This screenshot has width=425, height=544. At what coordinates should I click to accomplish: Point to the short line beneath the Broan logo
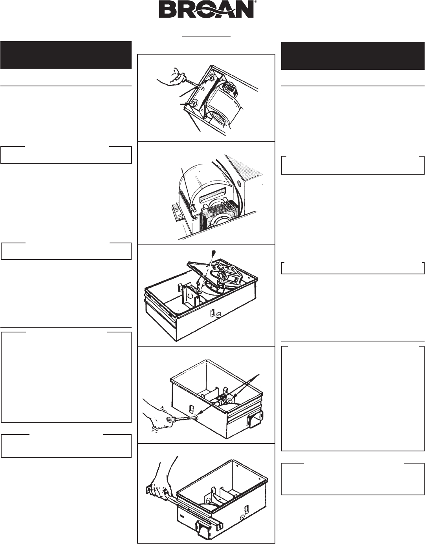pyautogui.click(x=207, y=36)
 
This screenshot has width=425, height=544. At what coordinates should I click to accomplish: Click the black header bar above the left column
pyautogui.click(x=66, y=55)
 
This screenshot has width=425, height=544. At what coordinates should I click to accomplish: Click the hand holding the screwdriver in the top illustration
pyautogui.click(x=170, y=78)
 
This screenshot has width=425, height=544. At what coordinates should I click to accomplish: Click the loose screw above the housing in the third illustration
pyautogui.click(x=213, y=253)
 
